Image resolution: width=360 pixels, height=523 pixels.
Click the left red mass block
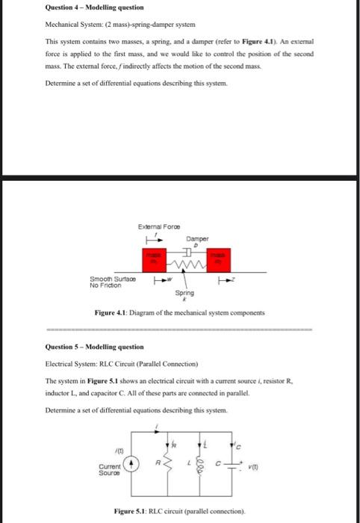(155, 261)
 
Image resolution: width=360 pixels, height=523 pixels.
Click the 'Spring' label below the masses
(185, 293)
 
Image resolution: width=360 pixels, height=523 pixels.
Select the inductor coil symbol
(199, 464)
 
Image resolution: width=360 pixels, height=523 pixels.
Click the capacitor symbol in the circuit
(232, 464)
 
